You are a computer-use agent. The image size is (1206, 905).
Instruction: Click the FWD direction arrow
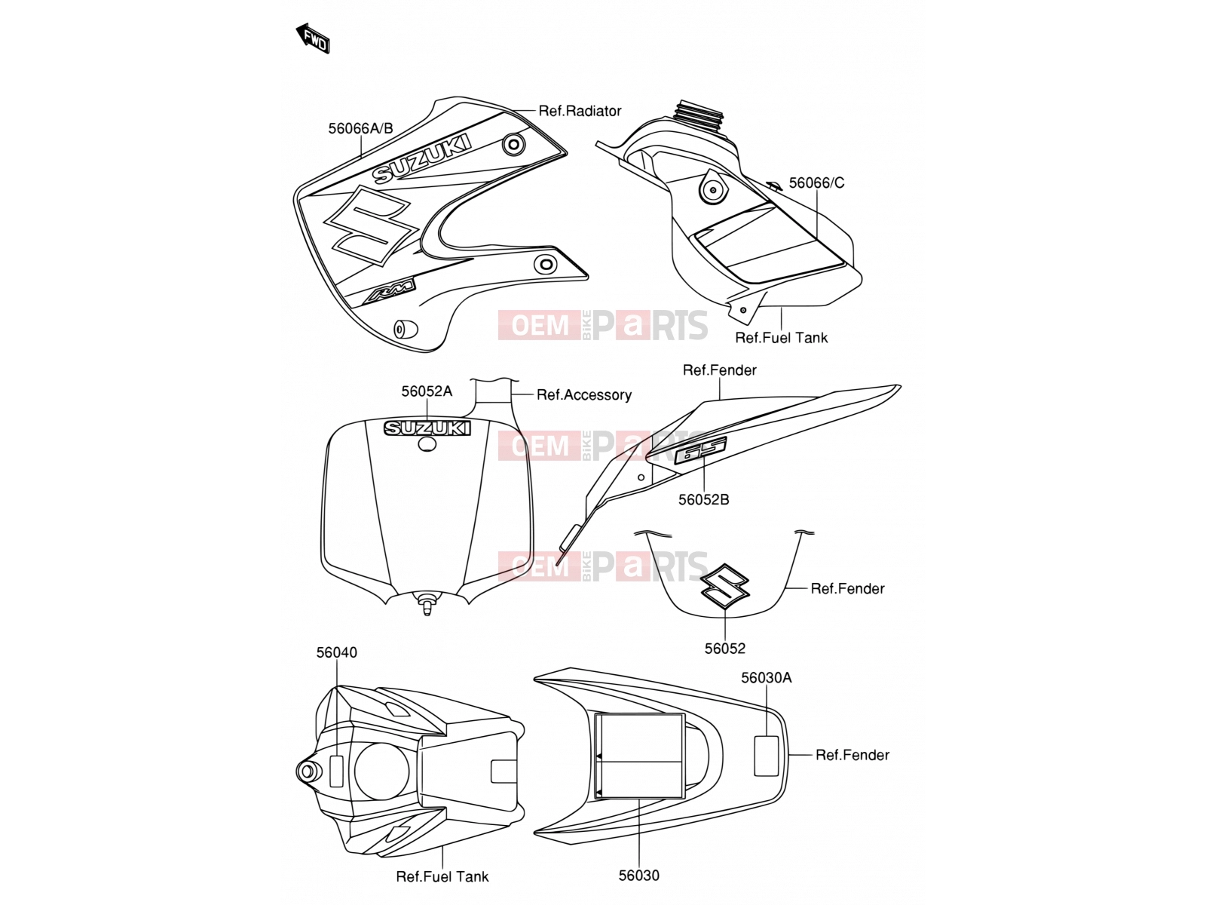pos(313,38)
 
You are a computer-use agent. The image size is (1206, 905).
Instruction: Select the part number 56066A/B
pos(360,128)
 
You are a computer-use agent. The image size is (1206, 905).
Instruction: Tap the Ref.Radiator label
pos(580,111)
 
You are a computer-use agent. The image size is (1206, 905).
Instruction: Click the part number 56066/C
pos(816,183)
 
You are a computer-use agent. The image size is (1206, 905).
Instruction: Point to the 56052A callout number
pos(427,391)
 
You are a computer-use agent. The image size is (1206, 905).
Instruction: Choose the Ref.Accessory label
pos(584,395)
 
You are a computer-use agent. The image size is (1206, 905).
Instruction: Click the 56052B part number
pos(703,499)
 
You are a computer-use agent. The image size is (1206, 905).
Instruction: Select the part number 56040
pos(336,652)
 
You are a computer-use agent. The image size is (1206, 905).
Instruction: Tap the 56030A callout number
pos(767,678)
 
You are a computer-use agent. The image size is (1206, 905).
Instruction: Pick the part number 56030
pos(639,876)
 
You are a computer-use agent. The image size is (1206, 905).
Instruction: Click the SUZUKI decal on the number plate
pos(427,428)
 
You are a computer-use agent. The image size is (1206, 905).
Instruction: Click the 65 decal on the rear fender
pos(700,450)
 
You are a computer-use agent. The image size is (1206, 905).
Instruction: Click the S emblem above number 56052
pos(725,586)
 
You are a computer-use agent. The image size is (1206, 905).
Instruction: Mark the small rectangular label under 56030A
pos(766,756)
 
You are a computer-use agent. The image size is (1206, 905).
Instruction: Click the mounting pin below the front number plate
pos(427,603)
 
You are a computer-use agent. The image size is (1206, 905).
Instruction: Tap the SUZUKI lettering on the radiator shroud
pos(422,158)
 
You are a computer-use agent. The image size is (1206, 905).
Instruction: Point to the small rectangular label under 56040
pos(335,770)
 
